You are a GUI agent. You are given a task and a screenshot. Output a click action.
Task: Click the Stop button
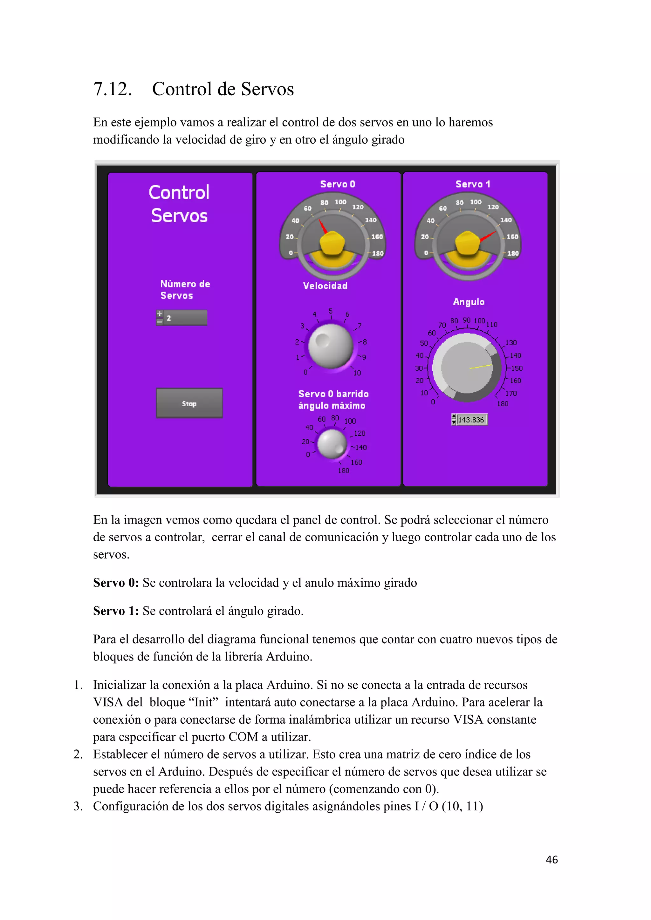coord(189,403)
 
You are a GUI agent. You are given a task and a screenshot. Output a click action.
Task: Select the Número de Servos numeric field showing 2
coord(186,318)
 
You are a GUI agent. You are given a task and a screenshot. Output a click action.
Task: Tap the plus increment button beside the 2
coord(160,314)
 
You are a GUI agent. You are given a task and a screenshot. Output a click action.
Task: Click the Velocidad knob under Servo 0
coord(331,346)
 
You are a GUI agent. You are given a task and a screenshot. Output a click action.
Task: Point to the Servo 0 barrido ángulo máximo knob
coord(332,443)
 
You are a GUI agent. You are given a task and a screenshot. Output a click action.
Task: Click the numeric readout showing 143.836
coord(471,420)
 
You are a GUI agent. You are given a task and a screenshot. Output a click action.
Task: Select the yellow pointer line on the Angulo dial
coord(481,367)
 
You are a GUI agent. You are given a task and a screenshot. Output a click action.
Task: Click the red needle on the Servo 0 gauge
coord(323,227)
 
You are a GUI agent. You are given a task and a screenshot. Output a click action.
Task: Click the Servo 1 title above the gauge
coord(473,184)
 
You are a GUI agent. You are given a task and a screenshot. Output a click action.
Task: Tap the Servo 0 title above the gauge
coord(338,184)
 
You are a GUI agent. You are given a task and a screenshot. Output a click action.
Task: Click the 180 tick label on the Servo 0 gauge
coord(378,253)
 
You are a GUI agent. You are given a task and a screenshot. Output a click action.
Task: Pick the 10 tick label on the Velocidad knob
coord(357,373)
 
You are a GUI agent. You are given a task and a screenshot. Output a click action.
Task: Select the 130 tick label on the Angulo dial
coord(511,342)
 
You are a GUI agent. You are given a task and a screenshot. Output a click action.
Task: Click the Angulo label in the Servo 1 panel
coord(469,302)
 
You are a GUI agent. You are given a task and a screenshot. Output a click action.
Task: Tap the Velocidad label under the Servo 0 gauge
coord(325,286)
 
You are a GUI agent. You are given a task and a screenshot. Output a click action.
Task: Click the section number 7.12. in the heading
coord(112,89)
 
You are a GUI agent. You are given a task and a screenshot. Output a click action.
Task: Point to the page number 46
coord(552,860)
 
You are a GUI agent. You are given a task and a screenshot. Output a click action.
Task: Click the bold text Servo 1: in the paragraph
coord(116,611)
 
